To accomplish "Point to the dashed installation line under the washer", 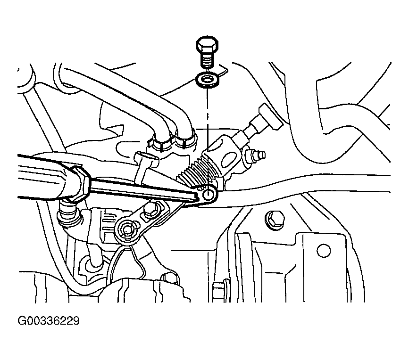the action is pos(208,119).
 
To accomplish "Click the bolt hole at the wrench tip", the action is pos(209,194).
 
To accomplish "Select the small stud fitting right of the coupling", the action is pos(254,155).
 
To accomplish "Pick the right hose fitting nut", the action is pos(186,139).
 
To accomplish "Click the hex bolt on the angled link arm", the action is pos(151,209).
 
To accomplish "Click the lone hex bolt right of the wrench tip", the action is pos(275,221).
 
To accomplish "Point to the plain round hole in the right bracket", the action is pos(324,251).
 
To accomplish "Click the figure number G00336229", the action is pos(49,321).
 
